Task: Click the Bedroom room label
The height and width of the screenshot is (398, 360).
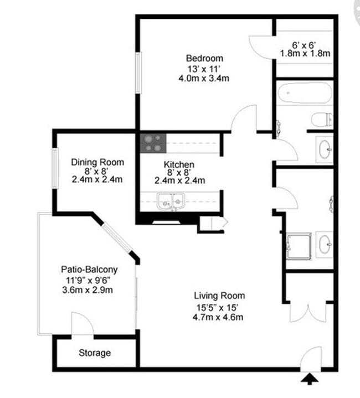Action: tap(204, 58)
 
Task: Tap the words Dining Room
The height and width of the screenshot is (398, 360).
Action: tap(97, 162)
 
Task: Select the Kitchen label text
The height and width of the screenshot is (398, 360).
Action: tap(179, 164)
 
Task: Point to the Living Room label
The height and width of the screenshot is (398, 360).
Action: tap(219, 296)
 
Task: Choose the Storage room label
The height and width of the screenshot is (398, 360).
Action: tap(94, 353)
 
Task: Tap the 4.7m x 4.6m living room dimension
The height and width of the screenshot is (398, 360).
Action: tap(219, 317)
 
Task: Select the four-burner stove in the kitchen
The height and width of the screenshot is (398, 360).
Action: tap(152, 143)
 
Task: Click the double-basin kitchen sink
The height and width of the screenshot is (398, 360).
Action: tap(170, 201)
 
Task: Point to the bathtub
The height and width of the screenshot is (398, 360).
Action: tap(304, 96)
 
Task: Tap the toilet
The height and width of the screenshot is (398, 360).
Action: tap(322, 118)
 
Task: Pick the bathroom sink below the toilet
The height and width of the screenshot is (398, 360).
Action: tap(325, 147)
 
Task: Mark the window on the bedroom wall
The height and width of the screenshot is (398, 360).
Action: tap(139, 72)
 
